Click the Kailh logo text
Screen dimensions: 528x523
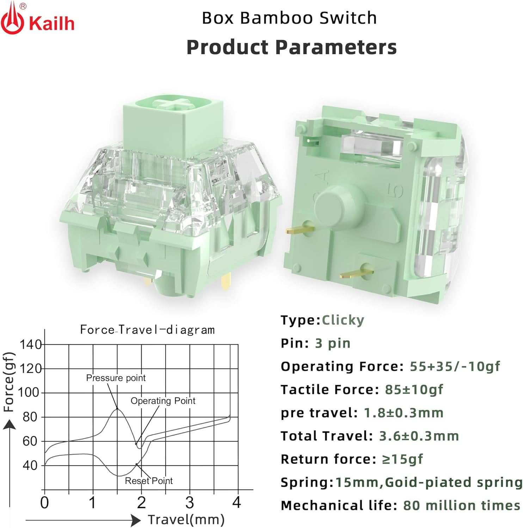coord(51,24)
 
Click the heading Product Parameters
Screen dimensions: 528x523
coord(291,47)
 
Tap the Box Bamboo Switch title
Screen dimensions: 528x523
coord(289,18)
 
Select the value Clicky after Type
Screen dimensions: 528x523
coord(343,320)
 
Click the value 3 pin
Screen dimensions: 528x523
coord(333,343)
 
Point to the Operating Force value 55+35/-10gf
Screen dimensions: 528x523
coord(455,366)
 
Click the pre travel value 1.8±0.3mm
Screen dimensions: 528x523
coord(403,413)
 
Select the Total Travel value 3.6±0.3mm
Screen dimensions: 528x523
coord(419,436)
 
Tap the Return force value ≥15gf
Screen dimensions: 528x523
coord(402,459)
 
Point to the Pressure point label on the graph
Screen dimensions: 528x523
coord(116,378)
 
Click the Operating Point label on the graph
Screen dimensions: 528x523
coord(163,401)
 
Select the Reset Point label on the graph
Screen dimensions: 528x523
coord(149,481)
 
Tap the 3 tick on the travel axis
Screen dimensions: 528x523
coord(190,503)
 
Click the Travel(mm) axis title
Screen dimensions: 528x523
coord(186,520)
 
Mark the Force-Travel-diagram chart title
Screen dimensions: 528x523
coord(147,330)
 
